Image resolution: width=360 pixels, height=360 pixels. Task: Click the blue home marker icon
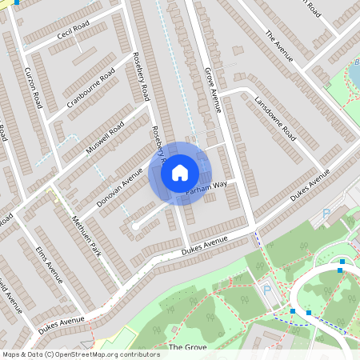[180, 172]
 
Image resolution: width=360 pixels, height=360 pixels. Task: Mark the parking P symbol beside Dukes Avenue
[326, 214]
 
